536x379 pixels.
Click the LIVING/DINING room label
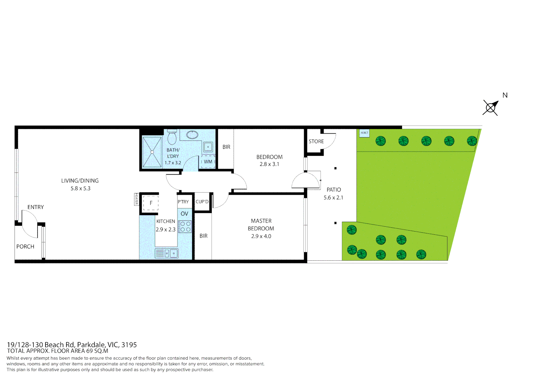coord(80,181)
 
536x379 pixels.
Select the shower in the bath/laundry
coord(152,152)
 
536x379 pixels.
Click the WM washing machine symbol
coord(208,162)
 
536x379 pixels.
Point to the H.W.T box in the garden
coord(364,133)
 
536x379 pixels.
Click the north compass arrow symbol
coord(491,107)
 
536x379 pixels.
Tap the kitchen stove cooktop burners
coord(185,227)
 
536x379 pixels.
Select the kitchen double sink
coord(167,253)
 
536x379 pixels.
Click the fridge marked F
coord(151,203)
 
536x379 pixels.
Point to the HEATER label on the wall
coord(136,199)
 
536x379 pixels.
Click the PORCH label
coord(25,247)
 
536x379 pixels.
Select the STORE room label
coord(316,141)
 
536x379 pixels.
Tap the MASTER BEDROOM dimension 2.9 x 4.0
coord(261,236)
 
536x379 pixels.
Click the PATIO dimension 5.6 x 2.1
coord(333,198)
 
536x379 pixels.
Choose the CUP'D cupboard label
coord(202,202)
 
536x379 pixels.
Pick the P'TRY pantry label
coord(183,202)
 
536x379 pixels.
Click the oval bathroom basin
coord(192,135)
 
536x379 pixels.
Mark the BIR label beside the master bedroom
coord(203,236)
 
